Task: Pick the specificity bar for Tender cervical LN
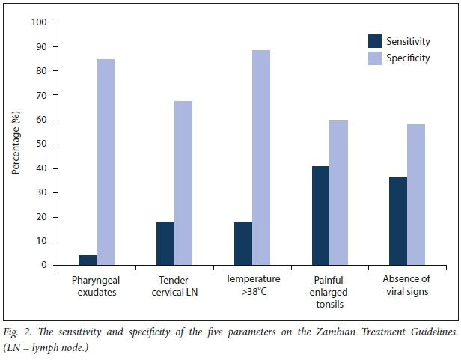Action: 183,183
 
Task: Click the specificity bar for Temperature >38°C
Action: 261,157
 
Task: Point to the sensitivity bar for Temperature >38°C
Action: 242,243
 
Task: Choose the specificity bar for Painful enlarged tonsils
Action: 339,192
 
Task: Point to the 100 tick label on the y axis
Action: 39,22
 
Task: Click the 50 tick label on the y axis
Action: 41,144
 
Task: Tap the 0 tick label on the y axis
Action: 44,265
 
